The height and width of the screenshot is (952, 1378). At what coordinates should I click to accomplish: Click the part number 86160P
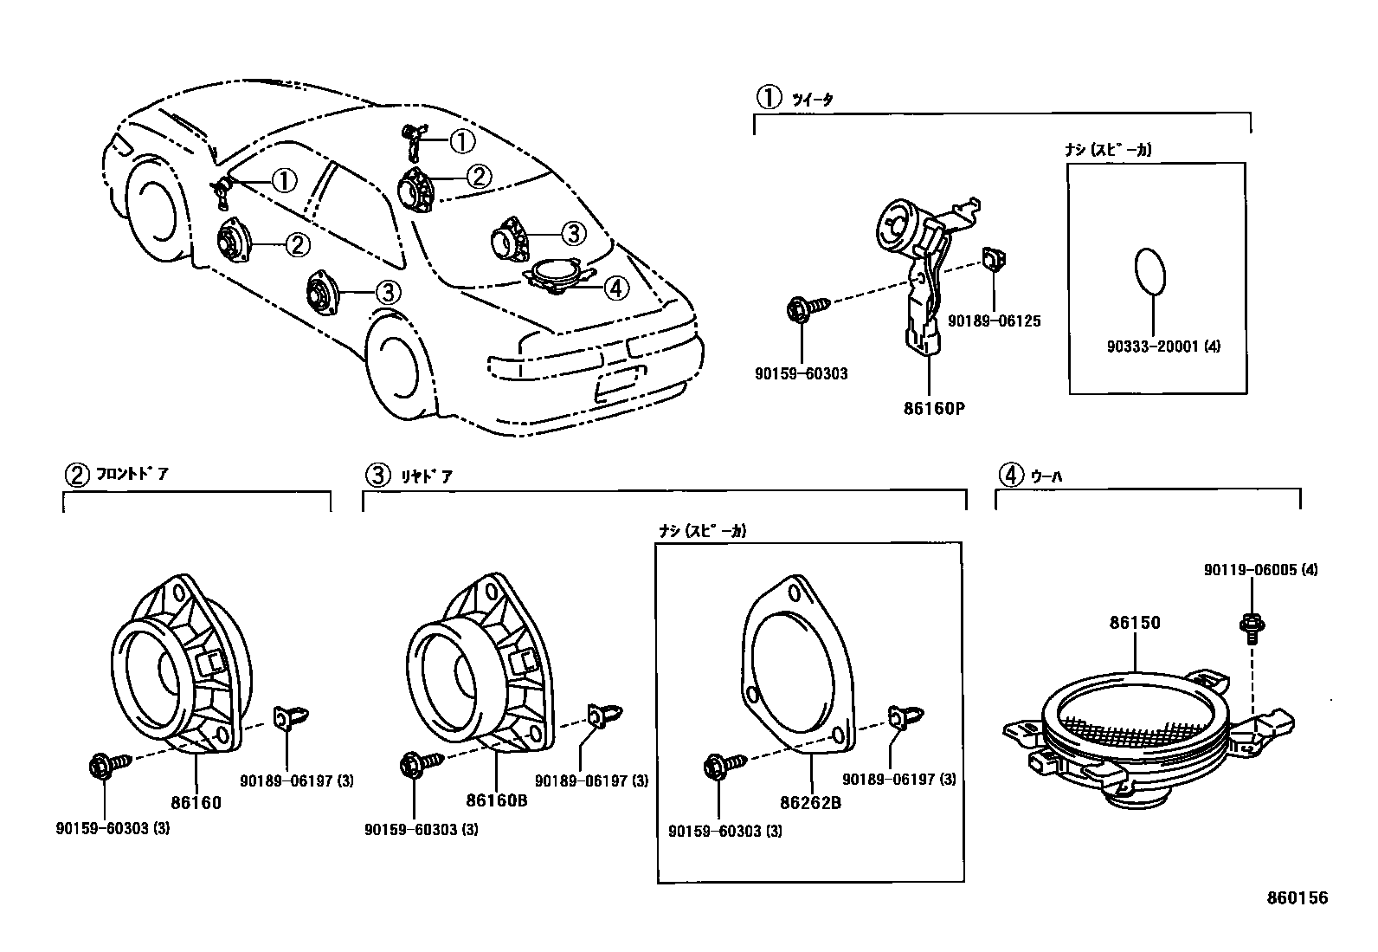(933, 407)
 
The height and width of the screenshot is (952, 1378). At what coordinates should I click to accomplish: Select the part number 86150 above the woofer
(1135, 622)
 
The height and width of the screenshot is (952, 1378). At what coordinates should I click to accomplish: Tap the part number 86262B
(810, 802)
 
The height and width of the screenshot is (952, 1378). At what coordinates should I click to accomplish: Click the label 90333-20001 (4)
(1162, 346)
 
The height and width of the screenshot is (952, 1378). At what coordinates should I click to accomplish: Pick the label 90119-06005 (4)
(1260, 570)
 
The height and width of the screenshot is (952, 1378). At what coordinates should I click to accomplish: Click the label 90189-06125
(994, 321)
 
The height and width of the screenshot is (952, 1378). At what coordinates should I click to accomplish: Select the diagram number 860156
(1298, 897)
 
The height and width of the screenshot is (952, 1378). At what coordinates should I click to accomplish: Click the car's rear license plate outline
(619, 382)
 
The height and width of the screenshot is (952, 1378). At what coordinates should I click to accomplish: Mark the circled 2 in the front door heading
(77, 475)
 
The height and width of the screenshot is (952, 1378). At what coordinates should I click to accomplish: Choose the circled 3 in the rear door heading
(377, 475)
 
